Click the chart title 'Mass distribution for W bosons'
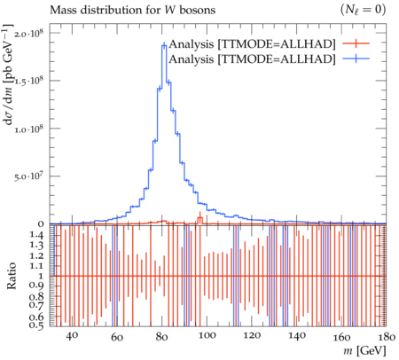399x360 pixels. pos(132,10)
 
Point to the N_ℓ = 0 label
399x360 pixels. pos(363,10)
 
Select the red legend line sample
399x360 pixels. pos(356,43)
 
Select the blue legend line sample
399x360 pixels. pos(356,59)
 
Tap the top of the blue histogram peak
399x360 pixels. pos(164,45)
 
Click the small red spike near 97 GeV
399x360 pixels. pos(200,218)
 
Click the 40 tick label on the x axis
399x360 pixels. pos(72,336)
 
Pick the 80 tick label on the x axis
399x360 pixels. pos(161,336)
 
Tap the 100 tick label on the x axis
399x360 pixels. pos(207,336)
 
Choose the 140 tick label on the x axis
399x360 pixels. pos(296,336)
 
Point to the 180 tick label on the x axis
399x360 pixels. pos(386,336)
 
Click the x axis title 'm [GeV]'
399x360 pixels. pos(364,350)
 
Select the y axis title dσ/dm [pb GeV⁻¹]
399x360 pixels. pos(9,74)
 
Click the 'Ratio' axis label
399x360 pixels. pos(12,276)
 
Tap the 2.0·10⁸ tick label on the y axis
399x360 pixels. pos(29,33)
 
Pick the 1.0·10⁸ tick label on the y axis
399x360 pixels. pos(29,129)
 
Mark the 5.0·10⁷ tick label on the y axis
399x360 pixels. pos(29,176)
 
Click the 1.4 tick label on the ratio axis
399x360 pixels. pos(36,235)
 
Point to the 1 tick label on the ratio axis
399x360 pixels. pos(41,276)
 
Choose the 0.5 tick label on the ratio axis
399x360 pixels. pos(36,325)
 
